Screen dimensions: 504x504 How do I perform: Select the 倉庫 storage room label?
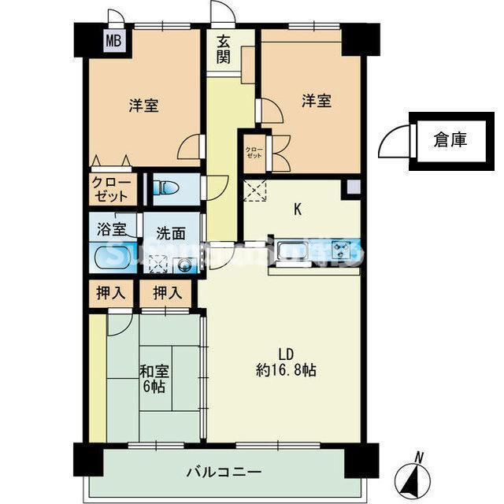pyautogui.click(x=450, y=140)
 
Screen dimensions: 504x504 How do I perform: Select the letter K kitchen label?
pyautogui.click(x=298, y=209)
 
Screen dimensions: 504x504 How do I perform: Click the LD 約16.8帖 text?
pyautogui.click(x=286, y=361)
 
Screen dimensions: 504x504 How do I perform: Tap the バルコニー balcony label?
pyautogui.click(x=224, y=472)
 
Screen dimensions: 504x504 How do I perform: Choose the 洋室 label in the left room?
pyautogui.click(x=144, y=106)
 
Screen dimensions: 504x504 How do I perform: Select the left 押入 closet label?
pyautogui.click(x=111, y=294)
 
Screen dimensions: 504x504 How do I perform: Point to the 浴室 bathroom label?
pyautogui.click(x=112, y=230)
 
